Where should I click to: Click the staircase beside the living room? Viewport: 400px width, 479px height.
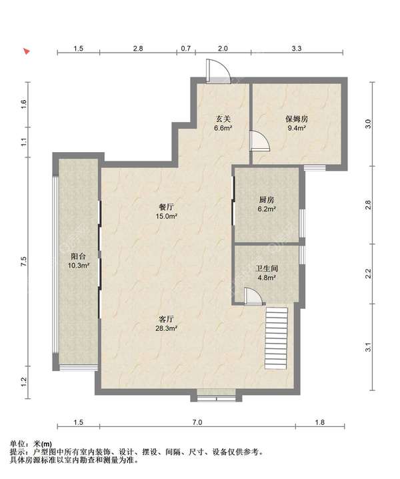point(277,339)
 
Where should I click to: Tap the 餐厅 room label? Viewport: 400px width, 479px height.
point(166,207)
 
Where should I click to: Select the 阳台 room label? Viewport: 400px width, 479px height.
point(78,256)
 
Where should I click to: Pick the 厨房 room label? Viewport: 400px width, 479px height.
point(267,199)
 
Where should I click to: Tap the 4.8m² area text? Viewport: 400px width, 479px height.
point(267,278)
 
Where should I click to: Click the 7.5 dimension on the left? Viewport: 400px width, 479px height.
point(23,262)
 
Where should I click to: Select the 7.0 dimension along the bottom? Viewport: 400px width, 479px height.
point(197,423)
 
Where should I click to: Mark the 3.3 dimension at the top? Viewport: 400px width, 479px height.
point(297,49)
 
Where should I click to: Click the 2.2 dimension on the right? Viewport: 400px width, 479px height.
point(369,272)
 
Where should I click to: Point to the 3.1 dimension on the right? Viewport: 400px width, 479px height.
point(369,347)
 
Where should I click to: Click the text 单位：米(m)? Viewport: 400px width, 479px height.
point(33,444)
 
